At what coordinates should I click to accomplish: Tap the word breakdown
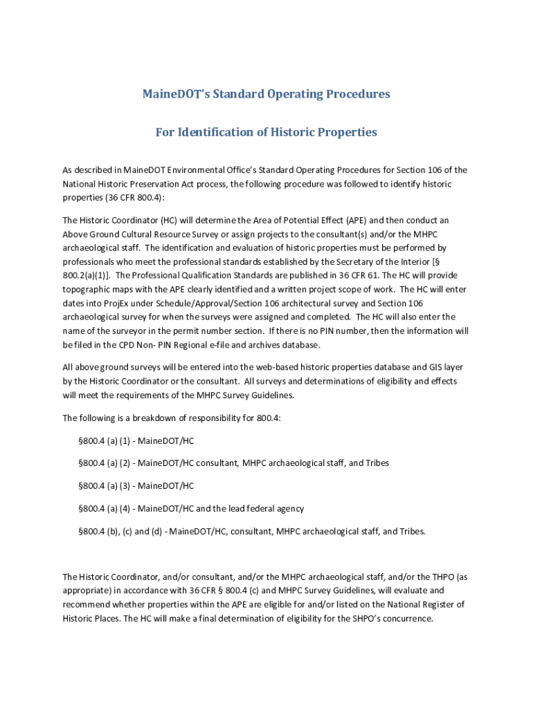coord(155,418)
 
